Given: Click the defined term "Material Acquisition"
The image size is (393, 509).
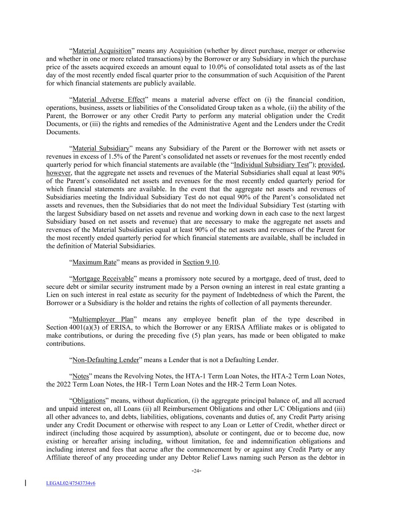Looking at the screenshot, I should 102,51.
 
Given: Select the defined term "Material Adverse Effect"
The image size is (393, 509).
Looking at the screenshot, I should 108,100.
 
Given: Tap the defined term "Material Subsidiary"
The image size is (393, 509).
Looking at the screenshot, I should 101,148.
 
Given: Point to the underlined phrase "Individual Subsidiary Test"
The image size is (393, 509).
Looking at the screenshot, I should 272,165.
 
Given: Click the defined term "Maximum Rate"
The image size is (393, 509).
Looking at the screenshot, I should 94,262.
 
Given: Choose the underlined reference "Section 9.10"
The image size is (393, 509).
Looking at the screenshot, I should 200,262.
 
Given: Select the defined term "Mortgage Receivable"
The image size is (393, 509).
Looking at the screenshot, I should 103,279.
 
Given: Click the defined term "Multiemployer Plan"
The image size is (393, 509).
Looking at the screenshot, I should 103,319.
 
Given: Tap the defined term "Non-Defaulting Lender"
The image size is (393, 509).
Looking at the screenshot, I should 105,360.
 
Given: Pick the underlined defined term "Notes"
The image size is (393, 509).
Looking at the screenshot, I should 81,376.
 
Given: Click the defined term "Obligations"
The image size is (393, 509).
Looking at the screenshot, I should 89,400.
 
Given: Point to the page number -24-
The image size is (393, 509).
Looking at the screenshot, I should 196,471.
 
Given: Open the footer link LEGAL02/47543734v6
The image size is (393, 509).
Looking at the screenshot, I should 71,483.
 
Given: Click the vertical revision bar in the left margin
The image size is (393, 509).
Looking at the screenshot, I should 25,483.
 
